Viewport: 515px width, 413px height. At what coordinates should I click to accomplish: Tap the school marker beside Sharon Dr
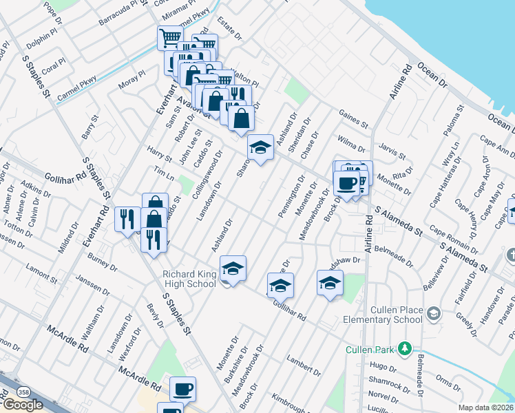pos(260,147)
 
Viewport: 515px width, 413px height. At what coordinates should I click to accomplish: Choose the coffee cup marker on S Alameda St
pos(346,183)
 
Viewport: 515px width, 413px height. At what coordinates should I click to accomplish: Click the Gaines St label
pos(354,118)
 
